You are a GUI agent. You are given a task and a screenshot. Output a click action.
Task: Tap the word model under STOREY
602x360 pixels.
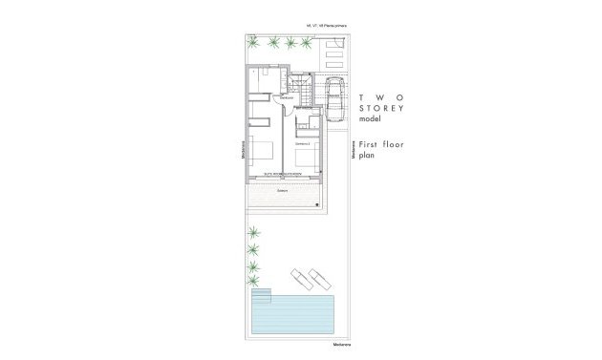369,121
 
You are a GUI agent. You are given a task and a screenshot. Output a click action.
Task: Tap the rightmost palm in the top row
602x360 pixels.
308,41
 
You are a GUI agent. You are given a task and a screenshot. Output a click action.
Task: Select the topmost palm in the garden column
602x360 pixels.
255,232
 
